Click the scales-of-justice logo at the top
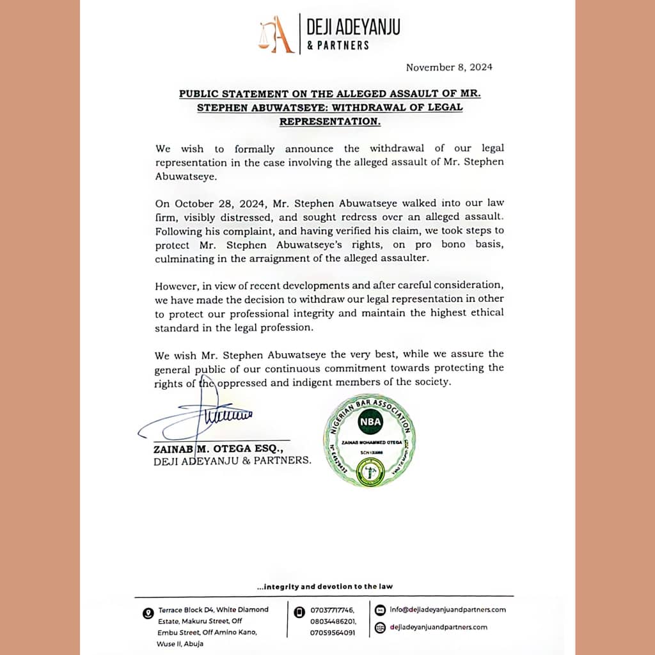point(276,36)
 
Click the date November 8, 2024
point(449,67)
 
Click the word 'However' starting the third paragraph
point(176,285)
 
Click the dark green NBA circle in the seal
point(369,422)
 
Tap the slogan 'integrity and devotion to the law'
point(324,586)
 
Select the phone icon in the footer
point(298,612)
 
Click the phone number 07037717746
point(332,610)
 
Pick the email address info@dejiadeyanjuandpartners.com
point(448,610)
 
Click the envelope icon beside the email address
point(379,610)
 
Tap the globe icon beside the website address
point(379,627)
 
